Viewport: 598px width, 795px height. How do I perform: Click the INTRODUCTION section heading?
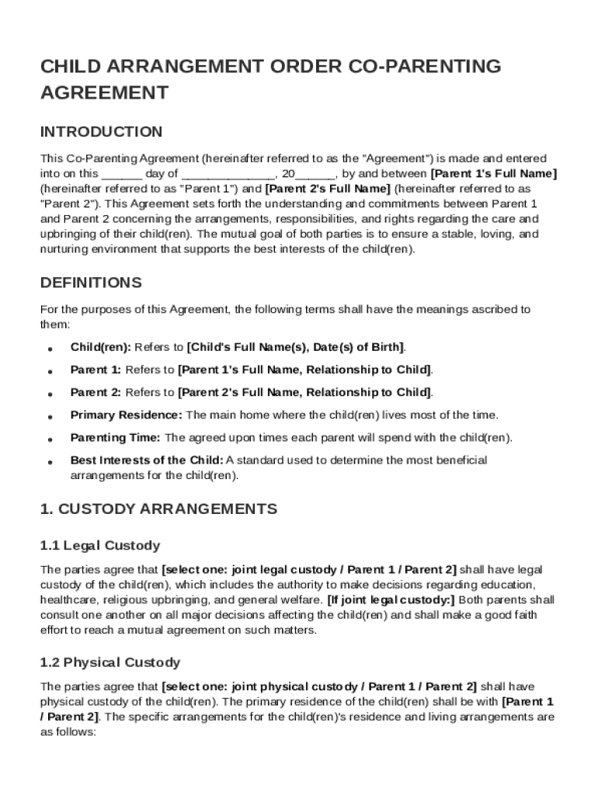[x=101, y=131]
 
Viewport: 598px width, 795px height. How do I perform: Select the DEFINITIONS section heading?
[x=91, y=282]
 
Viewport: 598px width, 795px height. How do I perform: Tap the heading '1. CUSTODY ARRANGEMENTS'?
[x=158, y=509]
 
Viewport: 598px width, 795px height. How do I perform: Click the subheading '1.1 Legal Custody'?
[x=99, y=546]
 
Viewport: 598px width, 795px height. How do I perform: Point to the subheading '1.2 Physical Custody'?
[x=110, y=662]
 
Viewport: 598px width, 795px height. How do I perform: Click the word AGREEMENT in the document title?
[x=104, y=93]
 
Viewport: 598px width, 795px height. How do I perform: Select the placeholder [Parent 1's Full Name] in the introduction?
[x=493, y=173]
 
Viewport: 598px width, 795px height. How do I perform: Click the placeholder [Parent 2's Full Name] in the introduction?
[x=328, y=189]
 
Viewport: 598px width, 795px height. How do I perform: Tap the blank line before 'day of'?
[x=121, y=174]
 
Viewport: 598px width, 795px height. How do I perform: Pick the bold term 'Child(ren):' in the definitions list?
[x=101, y=346]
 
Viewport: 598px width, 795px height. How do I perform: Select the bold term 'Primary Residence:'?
[x=127, y=415]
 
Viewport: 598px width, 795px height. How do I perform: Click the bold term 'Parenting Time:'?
[x=116, y=437]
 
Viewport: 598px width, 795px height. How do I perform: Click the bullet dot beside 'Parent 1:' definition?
[x=50, y=370]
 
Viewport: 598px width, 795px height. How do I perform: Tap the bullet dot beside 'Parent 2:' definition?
[x=50, y=393]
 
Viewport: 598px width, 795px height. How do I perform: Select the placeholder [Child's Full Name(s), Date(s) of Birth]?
[x=296, y=346]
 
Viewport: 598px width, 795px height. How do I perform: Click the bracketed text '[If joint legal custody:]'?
[x=391, y=599]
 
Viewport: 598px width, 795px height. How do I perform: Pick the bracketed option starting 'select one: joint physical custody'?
[x=319, y=686]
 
